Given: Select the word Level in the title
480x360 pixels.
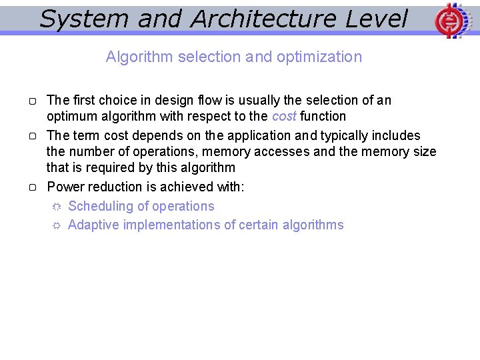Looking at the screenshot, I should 377,19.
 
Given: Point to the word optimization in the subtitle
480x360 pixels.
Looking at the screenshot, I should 319,57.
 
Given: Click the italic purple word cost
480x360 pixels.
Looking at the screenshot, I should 284,116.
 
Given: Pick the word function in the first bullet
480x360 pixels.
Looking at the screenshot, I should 323,116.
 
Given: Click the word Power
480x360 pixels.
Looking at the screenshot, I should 65,187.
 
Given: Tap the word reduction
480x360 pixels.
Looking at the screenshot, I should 114,187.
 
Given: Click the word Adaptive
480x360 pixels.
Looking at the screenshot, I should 93,225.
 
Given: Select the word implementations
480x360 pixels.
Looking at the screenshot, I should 170,225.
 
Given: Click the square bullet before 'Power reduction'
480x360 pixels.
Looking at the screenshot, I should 32,187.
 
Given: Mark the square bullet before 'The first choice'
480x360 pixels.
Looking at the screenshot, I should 32,101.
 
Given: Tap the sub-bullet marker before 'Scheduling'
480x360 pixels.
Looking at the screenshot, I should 56,207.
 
